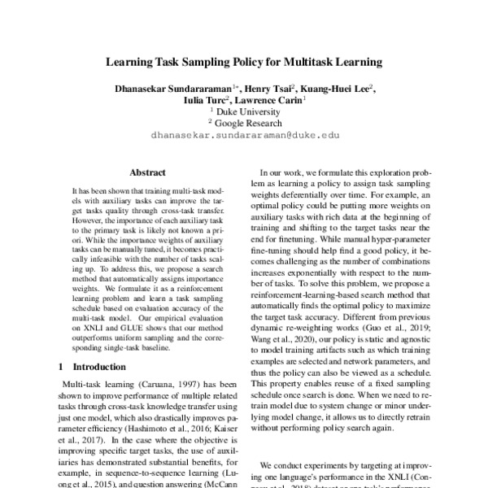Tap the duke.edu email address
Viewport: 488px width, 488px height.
[x=245, y=137]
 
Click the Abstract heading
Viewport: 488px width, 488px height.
[x=147, y=172]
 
